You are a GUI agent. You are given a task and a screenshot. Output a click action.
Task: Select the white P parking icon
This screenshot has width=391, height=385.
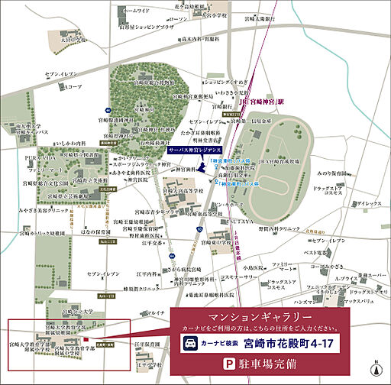pos(226,364)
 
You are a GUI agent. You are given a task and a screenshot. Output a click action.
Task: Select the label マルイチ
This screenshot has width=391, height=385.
pos(156,313)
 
